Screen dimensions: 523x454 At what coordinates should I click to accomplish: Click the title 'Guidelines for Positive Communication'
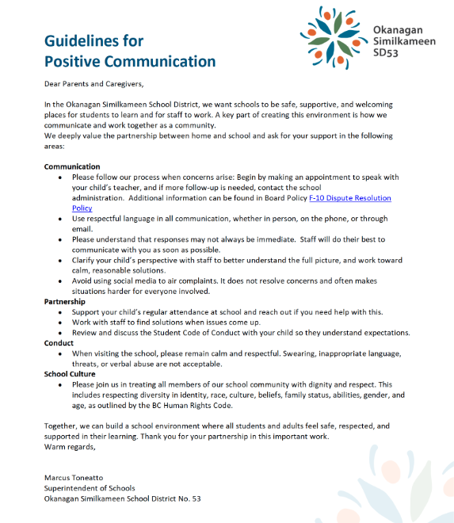[x=129, y=50]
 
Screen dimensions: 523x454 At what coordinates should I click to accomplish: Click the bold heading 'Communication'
[x=72, y=166]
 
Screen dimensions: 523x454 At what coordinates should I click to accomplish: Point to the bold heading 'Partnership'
[x=65, y=302]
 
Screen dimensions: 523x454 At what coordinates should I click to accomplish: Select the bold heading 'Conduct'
[x=60, y=343]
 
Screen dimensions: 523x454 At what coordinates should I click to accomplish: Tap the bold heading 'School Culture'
[x=70, y=374]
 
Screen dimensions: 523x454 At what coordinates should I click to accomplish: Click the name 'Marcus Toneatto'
[x=74, y=478]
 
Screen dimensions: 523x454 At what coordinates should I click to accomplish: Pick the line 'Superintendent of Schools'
[x=90, y=488]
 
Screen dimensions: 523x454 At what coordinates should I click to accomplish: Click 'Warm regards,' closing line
[x=70, y=447]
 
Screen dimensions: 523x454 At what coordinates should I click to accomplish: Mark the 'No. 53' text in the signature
[x=189, y=498]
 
